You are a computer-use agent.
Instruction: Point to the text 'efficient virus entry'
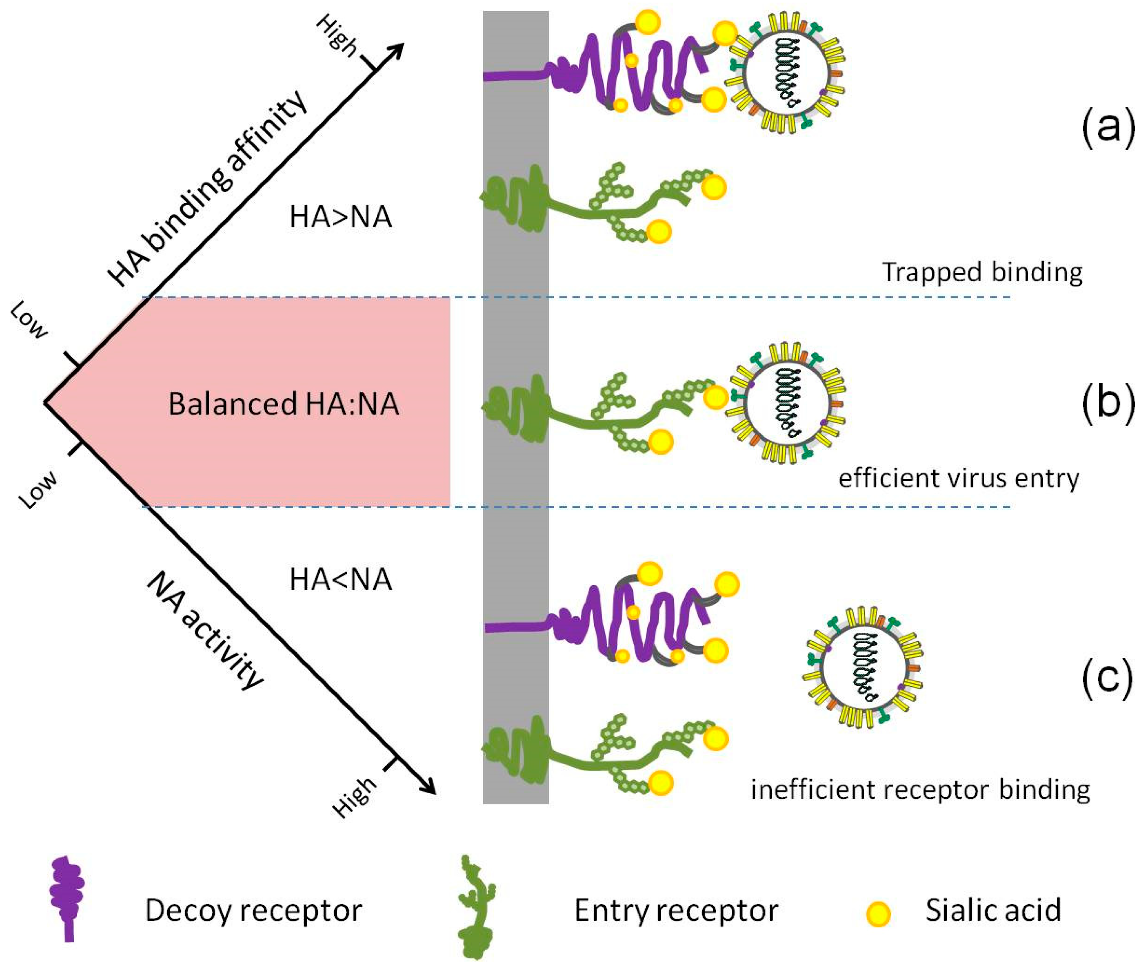pos(958,479)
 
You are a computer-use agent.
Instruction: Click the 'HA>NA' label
pos(340,217)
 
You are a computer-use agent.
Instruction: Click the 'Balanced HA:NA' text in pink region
pos(283,404)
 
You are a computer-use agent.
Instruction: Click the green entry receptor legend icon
pos(476,907)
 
